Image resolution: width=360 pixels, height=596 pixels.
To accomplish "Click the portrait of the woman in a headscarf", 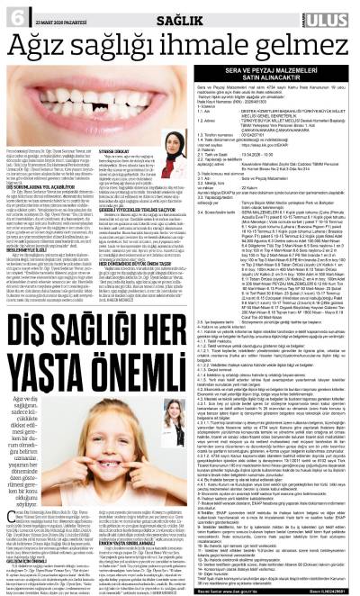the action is (x=170, y=140).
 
